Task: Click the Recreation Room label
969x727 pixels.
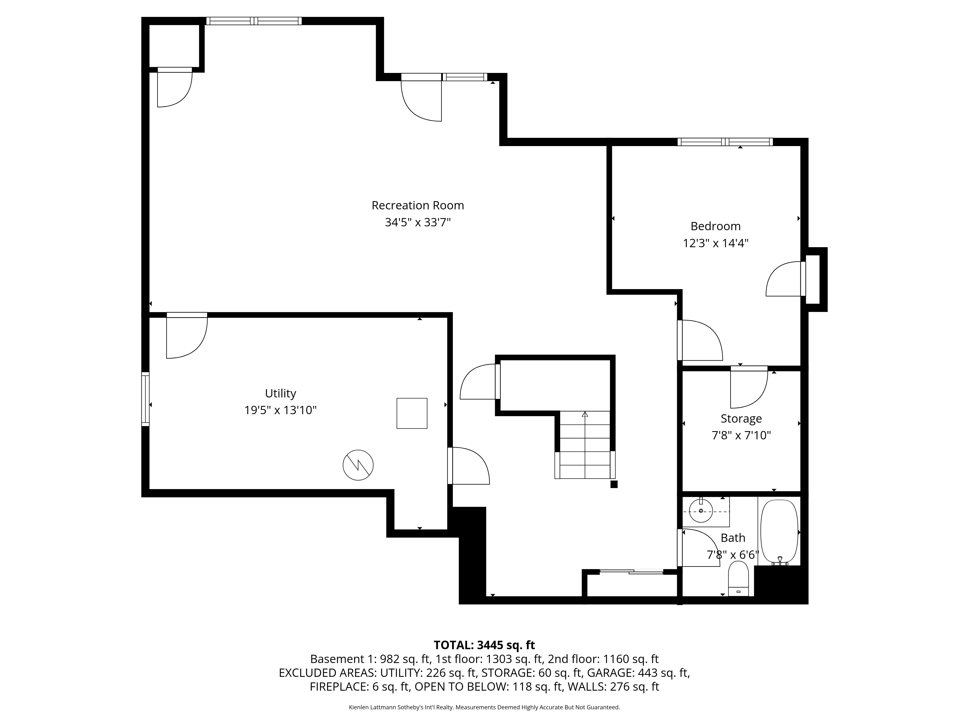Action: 417,205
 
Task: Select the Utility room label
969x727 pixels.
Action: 280,394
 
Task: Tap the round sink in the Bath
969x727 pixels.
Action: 701,511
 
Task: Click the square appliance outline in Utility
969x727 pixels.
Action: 412,413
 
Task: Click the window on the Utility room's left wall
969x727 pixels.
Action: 145,399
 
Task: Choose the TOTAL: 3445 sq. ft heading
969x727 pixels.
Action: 484,645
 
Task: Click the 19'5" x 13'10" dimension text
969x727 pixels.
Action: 280,410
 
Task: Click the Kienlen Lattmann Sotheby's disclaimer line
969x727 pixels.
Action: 484,707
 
